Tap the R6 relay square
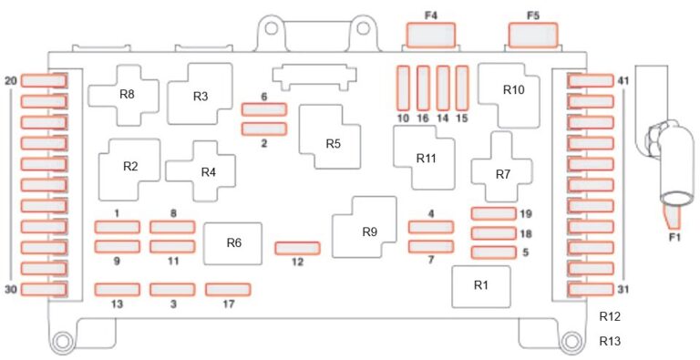click(x=232, y=243)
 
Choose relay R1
click(x=481, y=287)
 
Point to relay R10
click(x=509, y=96)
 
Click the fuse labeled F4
click(x=431, y=35)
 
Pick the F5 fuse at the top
click(x=533, y=35)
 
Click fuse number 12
click(x=297, y=248)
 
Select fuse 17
click(x=228, y=290)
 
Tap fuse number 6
click(x=263, y=109)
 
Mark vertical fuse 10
click(x=403, y=88)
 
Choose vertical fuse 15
click(x=462, y=88)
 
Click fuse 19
click(x=494, y=213)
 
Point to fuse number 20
click(x=44, y=81)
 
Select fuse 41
click(x=591, y=81)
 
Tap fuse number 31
click(x=591, y=290)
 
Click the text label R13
click(x=610, y=342)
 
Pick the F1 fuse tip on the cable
click(x=672, y=215)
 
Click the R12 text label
click(x=610, y=316)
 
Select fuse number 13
click(x=117, y=290)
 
